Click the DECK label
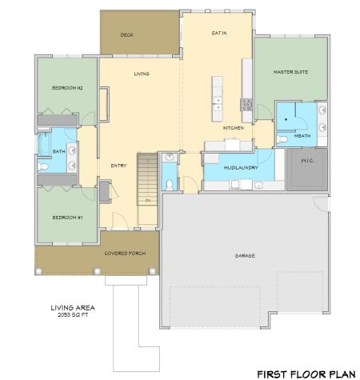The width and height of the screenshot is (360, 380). click(x=126, y=35)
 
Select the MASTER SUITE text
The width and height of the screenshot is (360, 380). click(x=290, y=72)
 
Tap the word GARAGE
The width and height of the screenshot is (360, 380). click(x=245, y=256)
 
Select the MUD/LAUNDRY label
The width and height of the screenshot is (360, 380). click(x=239, y=169)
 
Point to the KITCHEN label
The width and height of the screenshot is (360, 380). click(x=232, y=128)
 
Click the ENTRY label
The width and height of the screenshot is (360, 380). click(x=119, y=166)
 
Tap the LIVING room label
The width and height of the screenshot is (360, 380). click(x=142, y=74)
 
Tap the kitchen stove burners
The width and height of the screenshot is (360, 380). click(x=247, y=104)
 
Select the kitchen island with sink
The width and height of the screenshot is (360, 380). click(x=217, y=94)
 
